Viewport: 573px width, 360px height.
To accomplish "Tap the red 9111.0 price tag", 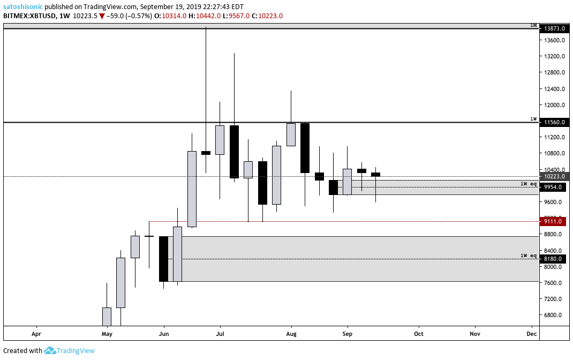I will pyautogui.click(x=554, y=221).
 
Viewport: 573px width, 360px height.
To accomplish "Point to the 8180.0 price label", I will pyautogui.click(x=554, y=259).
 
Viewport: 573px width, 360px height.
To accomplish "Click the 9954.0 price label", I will pyautogui.click(x=554, y=187).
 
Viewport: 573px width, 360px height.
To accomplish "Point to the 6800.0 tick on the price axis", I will pyautogui.click(x=554, y=315).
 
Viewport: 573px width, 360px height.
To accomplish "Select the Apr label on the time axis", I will pyautogui.click(x=36, y=333).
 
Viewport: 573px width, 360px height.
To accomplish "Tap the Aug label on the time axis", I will pyautogui.click(x=291, y=333).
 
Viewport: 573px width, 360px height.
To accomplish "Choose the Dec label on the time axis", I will pyautogui.click(x=532, y=333).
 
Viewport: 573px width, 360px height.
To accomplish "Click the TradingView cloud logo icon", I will pyautogui.click(x=50, y=350).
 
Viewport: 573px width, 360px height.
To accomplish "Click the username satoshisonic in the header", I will pyautogui.click(x=23, y=7).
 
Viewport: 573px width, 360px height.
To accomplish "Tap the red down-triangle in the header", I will pyautogui.click(x=101, y=16).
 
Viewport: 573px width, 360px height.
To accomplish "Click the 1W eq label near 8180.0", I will pyautogui.click(x=528, y=256).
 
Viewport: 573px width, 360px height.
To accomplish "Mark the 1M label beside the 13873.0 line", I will pyautogui.click(x=533, y=25).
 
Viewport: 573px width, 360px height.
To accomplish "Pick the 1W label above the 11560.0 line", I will pyautogui.click(x=533, y=119).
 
